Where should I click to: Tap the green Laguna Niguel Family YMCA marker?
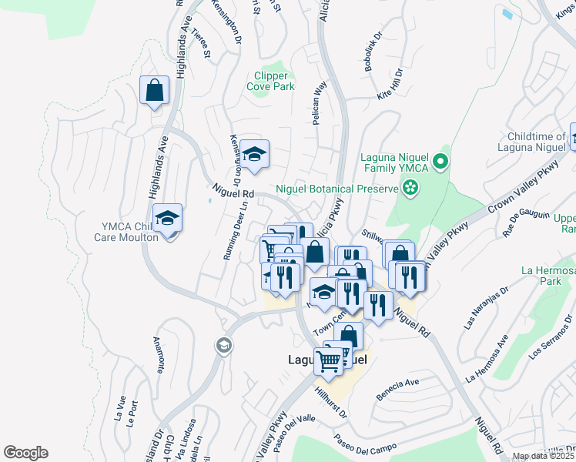pyautogui.click(x=440, y=162)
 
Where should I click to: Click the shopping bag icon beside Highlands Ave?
pyautogui.click(x=154, y=90)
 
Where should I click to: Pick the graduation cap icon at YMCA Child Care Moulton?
pyautogui.click(x=166, y=219)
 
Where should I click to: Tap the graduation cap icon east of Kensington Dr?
pyautogui.click(x=253, y=154)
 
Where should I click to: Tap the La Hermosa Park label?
pyautogui.click(x=548, y=276)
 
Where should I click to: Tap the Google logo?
pyautogui.click(x=25, y=453)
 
